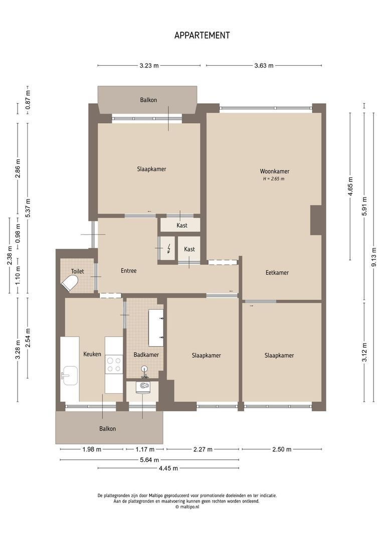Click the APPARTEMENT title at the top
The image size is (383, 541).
click(202, 35)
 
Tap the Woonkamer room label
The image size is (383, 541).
click(274, 171)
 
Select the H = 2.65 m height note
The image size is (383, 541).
click(274, 178)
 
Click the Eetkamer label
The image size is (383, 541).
click(277, 273)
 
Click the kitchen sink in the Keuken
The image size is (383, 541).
click(70, 375)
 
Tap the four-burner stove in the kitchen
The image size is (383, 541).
click(114, 364)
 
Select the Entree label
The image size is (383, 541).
click(129, 271)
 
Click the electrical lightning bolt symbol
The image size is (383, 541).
click(169, 248)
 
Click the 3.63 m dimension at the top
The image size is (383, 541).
click(264, 66)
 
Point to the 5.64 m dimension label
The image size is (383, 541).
click(149, 460)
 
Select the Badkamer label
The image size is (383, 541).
click(146, 355)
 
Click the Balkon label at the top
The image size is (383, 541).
click(148, 100)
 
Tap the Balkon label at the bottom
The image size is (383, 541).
click(107, 429)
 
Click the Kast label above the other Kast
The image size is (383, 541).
click(182, 225)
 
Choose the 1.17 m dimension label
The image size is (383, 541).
click(144, 449)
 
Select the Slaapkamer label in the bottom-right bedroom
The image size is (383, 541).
click(279, 355)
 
